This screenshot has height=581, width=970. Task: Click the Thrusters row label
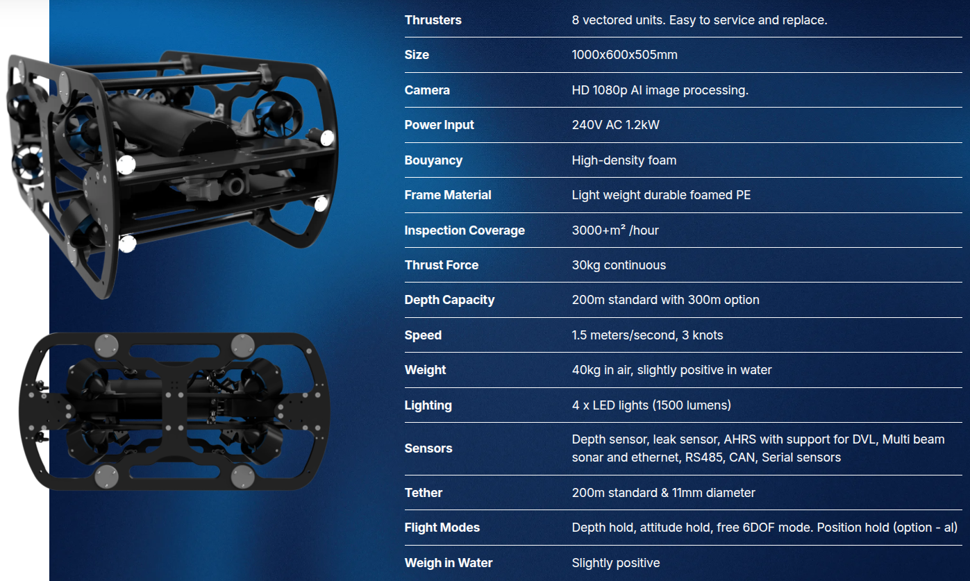pyautogui.click(x=433, y=20)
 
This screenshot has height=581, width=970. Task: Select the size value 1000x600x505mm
pyautogui.click(x=624, y=55)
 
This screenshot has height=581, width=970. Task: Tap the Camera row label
pyautogui.click(x=427, y=90)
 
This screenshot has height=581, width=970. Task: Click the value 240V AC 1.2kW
pyautogui.click(x=615, y=125)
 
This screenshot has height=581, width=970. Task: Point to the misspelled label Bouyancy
pyautogui.click(x=433, y=160)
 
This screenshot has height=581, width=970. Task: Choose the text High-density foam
pyautogui.click(x=624, y=160)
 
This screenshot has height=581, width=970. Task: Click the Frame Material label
pyautogui.click(x=448, y=195)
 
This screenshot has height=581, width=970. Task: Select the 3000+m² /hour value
pyautogui.click(x=615, y=230)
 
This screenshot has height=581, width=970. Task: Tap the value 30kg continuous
pyautogui.click(x=619, y=265)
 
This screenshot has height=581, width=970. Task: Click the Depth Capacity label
pyautogui.click(x=449, y=300)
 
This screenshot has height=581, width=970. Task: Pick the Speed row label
pyautogui.click(x=423, y=335)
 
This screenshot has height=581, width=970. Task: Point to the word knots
pyautogui.click(x=708, y=335)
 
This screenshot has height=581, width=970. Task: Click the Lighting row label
pyautogui.click(x=428, y=405)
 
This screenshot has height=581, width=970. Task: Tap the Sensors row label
pyautogui.click(x=428, y=448)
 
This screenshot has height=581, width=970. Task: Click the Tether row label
pyautogui.click(x=424, y=493)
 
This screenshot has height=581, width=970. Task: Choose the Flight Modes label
pyautogui.click(x=442, y=528)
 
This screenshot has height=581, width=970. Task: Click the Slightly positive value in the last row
pyautogui.click(x=616, y=563)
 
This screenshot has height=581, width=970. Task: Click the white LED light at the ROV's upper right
pyautogui.click(x=327, y=137)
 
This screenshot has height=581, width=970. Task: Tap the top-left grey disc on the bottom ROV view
pyautogui.click(x=106, y=346)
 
